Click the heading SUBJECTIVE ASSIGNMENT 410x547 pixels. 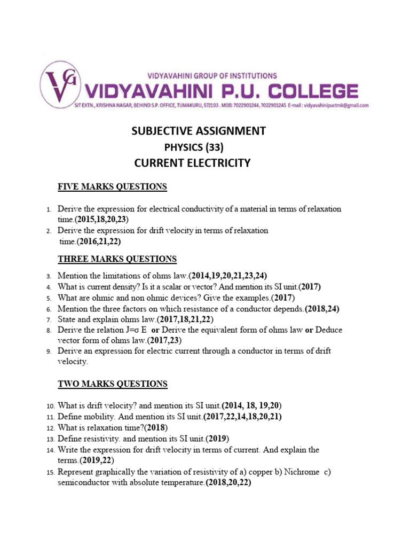(199, 131)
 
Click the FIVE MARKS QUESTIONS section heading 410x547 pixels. (113, 186)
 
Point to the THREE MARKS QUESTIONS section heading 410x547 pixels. (117, 259)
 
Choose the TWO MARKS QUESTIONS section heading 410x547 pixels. (113, 384)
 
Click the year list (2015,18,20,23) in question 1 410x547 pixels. (103, 219)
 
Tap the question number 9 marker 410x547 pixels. (48, 351)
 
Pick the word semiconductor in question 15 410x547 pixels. (83, 483)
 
